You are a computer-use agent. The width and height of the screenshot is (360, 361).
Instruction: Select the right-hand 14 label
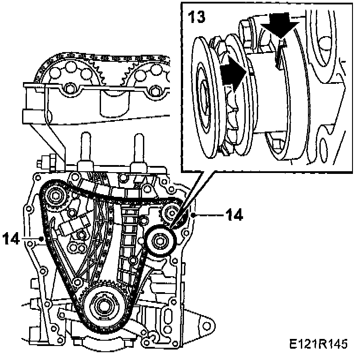[234, 215]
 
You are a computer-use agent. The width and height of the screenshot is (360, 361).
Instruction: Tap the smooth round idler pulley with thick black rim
[161, 241]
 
